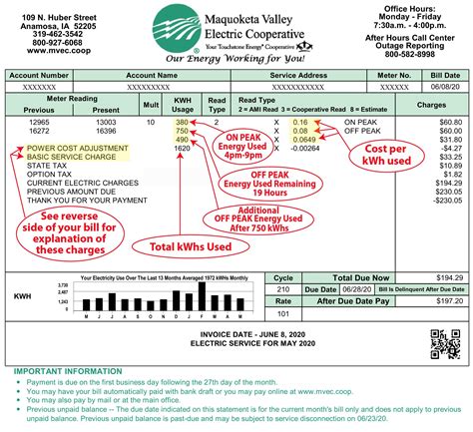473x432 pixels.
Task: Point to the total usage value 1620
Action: click(x=182, y=148)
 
